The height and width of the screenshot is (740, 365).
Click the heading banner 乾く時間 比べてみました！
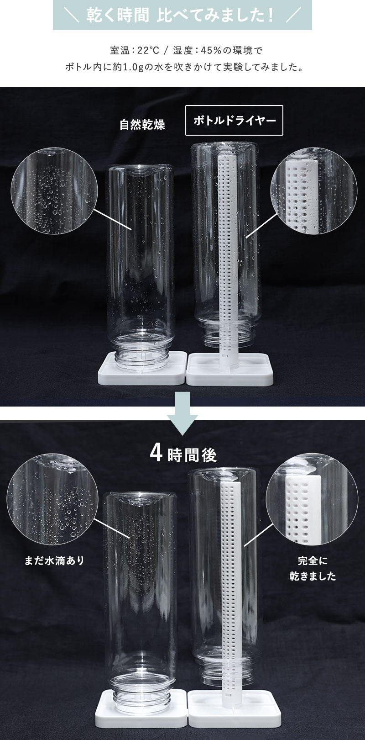pos(182,15)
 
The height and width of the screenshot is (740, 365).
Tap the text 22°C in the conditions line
pos(148,51)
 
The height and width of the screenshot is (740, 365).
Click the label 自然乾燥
pos(142,125)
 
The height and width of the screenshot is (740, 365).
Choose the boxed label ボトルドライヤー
pos(235,120)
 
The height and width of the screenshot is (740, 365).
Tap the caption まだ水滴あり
pos(55,560)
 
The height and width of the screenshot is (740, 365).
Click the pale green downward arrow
pos(182,413)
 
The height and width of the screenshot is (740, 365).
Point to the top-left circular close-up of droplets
pos(54,190)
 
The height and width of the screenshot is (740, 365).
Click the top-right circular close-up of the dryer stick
pos(314,190)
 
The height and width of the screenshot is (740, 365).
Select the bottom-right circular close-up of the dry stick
pos(312,499)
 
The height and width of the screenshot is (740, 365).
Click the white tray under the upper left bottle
pos(142,368)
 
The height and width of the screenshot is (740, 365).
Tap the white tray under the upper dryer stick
pos(230,370)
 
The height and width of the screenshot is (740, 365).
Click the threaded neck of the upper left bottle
pos(142,352)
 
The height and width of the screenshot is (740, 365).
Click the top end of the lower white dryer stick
pos(229,483)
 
